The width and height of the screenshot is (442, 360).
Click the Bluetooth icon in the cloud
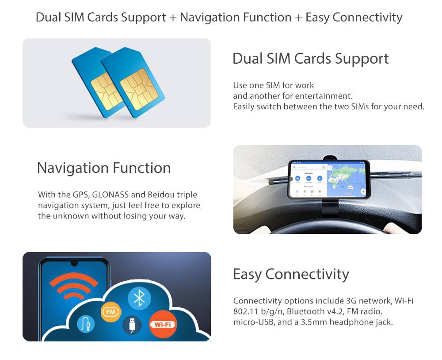[139, 298]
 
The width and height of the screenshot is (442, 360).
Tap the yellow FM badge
[111, 312]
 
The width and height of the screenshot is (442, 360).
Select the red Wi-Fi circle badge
[163, 324]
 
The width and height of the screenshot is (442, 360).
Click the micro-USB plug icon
[132, 325]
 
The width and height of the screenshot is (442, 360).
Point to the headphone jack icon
[86, 325]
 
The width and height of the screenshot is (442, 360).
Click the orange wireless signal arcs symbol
[74, 286]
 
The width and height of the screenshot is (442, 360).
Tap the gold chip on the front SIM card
[139, 89]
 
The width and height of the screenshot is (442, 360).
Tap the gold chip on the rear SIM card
[106, 91]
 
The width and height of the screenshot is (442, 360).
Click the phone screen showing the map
[329, 180]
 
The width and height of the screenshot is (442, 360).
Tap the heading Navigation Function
[104, 168]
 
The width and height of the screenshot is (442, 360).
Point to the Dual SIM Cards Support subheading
[311, 59]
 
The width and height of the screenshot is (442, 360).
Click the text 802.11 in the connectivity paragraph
[246, 311]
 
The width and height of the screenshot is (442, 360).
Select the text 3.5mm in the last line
[314, 322]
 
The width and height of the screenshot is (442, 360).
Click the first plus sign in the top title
[173, 18]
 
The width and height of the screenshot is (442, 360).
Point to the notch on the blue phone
[74, 263]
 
